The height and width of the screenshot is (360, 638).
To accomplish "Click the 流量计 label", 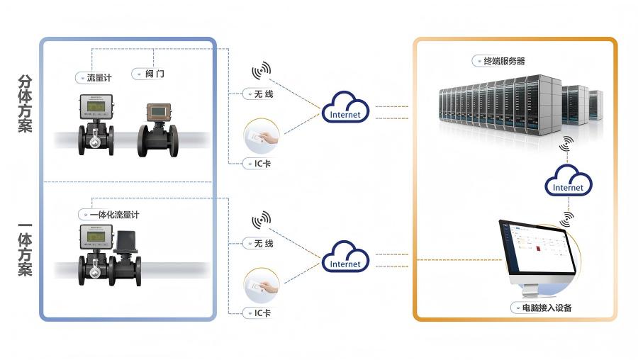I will [x=96, y=77].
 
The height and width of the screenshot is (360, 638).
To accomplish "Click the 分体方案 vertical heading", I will [x=25, y=105].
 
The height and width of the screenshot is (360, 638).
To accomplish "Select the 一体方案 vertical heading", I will [x=25, y=249].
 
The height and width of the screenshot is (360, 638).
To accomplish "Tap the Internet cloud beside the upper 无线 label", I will [x=345, y=107].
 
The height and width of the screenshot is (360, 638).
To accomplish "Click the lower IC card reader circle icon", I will [x=262, y=286].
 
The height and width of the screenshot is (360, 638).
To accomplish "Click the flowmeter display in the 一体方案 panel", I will [x=96, y=233].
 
